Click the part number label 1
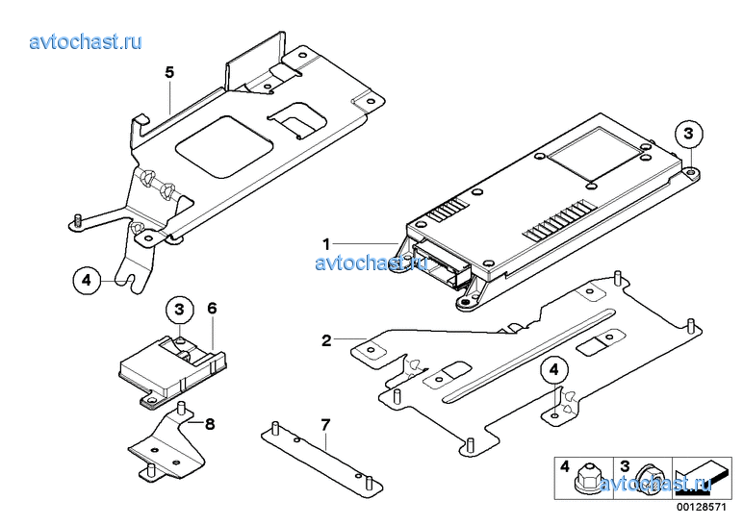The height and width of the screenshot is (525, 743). click(326, 244)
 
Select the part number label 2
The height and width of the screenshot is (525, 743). click(326, 340)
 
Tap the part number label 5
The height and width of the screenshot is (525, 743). click(169, 72)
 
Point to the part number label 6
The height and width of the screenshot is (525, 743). click(212, 309)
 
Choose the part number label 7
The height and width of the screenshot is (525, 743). click(325, 425)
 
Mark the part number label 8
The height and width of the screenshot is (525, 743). click(210, 424)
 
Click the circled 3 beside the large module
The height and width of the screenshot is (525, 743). click(688, 134)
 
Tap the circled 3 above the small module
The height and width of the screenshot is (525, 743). click(179, 310)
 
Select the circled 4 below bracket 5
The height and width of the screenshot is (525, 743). click(87, 280)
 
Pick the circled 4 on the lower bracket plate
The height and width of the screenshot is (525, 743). click(554, 370)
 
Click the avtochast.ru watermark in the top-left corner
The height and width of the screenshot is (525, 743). click(86, 41)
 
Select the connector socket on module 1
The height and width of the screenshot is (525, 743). click(440, 265)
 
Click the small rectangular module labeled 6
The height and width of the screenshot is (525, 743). click(172, 370)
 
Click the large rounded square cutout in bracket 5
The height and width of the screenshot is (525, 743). click(223, 147)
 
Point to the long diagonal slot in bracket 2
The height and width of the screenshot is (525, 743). click(529, 356)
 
